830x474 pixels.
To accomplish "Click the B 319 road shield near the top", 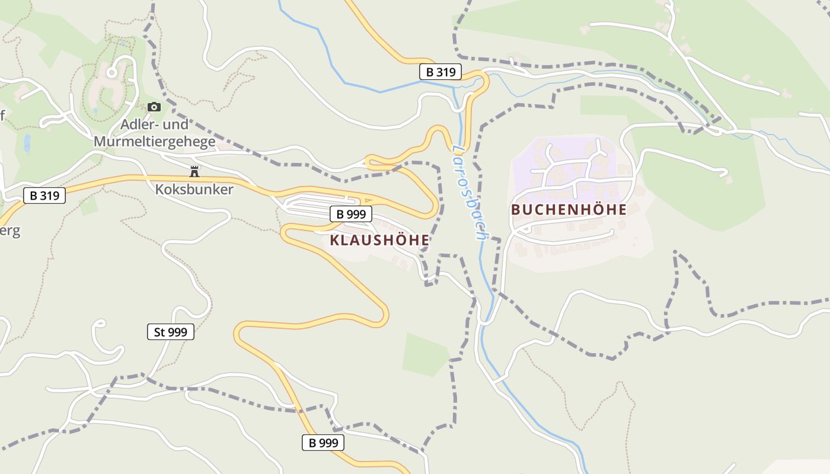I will [x=440, y=72].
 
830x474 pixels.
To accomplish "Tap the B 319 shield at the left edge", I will [x=44, y=195].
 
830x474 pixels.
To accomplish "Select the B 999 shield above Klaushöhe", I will [x=350, y=214].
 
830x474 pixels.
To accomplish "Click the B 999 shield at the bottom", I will [x=323, y=443].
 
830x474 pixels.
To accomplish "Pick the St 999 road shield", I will [x=170, y=332].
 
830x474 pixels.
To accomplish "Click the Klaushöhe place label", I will [x=379, y=240].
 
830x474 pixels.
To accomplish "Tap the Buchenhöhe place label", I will [x=569, y=210].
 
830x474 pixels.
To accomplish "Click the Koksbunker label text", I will [x=194, y=190].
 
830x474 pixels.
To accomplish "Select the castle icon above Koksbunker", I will [x=194, y=172].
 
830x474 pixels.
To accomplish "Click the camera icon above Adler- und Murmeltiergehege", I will [x=154, y=107].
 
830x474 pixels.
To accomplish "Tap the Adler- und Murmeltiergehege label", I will [x=154, y=133].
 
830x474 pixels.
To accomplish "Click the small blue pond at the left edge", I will [x=27, y=143].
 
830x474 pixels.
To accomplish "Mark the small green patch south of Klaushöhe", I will [x=425, y=354].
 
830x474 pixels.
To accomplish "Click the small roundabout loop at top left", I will [x=111, y=72].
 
